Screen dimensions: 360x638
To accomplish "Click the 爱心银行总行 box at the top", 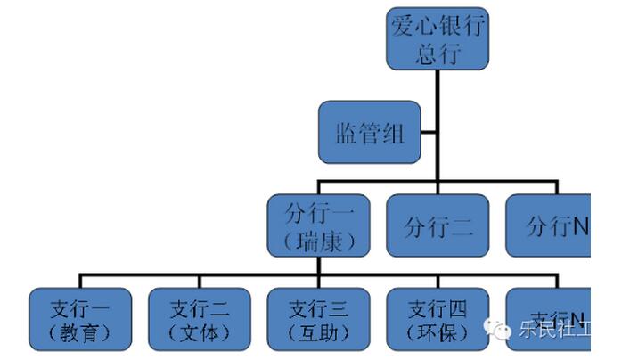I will pos(437,39).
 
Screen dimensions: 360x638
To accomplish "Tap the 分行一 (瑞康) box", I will pos(319,226).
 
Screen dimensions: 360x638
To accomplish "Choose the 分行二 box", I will pos(437,226).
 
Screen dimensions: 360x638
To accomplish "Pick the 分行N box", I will pos(549,226).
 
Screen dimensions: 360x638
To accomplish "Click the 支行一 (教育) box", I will pos(80,320).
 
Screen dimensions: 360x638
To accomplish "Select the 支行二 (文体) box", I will pos(200,320).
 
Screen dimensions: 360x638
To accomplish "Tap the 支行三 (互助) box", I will pos(318,320).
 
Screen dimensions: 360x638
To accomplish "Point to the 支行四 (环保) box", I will pos(437,320).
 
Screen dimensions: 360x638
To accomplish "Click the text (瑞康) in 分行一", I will pos(319,241).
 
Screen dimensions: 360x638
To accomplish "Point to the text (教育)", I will pos(80,334).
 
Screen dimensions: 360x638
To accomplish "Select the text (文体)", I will pos(200,334).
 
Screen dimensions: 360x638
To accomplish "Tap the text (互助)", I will pos(318,334).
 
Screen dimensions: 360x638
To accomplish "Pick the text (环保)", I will pos(437,334).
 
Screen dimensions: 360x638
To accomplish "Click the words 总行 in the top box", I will pos(437,53).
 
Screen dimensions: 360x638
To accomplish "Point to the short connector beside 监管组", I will pos(429,134).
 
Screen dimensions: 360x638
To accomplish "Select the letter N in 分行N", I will pos(578,226).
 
